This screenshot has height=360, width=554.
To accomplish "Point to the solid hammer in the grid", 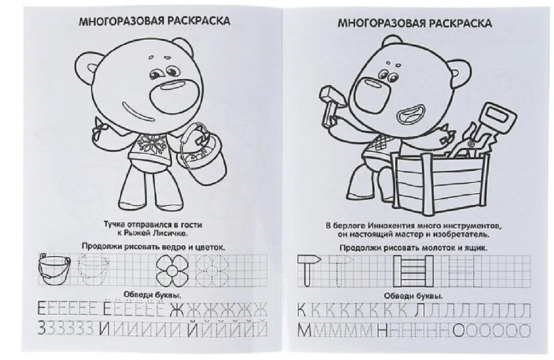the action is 308,271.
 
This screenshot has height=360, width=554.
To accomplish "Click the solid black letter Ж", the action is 178,310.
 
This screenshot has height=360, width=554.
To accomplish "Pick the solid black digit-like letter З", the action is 42,329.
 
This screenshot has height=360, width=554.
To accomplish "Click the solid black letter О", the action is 458,331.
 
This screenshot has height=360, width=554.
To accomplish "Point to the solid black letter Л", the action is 421,311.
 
